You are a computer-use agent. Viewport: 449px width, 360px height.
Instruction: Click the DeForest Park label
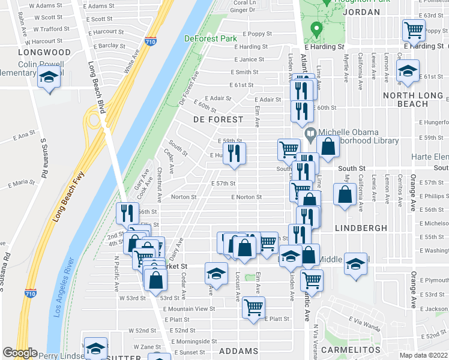pos(211,38)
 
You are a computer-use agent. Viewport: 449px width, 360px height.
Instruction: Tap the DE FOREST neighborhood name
pos(218,120)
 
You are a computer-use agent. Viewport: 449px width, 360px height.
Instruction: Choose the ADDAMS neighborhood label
pos(239,351)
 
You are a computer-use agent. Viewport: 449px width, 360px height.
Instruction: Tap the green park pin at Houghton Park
pos(315,29)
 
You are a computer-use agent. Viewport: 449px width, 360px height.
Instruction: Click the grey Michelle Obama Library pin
pos(310,134)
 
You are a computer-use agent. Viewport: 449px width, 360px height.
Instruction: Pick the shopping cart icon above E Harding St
pos(414,29)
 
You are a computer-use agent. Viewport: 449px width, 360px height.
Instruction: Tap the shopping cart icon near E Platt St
pos(254,307)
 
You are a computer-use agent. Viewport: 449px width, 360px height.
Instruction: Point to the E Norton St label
pos(247,197)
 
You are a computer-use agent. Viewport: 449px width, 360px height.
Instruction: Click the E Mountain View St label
pos(188,308)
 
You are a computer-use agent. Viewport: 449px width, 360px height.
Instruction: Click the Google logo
pos(20,353)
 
